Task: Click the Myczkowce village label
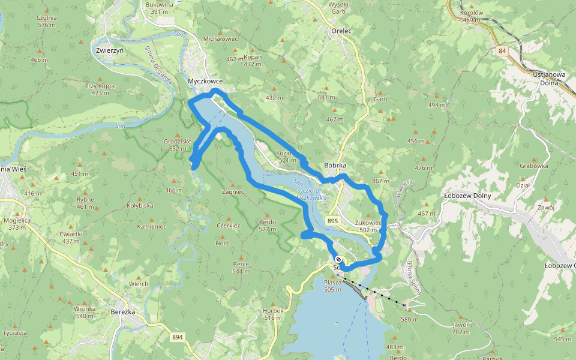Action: click(205, 81)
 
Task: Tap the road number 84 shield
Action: click(502, 52)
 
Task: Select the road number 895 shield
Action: click(333, 221)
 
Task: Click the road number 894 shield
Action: click(176, 337)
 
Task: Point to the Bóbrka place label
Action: click(335, 165)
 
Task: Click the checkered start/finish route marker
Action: click(338, 260)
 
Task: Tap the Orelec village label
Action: click(341, 31)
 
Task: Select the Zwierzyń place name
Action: click(109, 50)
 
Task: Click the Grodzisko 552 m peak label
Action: click(177, 145)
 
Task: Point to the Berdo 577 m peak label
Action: click(267, 225)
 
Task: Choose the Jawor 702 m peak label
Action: click(460, 328)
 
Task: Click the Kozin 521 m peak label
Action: click(284, 157)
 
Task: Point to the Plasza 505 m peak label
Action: click(332, 285)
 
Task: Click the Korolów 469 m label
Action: click(471, 16)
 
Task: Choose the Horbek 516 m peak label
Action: click(273, 314)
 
